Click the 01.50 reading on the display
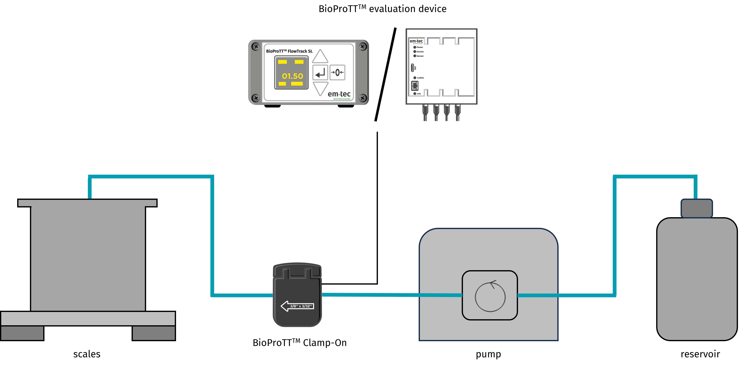click(x=292, y=76)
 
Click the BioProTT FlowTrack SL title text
click(x=289, y=51)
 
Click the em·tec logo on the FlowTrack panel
click(x=339, y=94)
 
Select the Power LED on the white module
click(x=415, y=47)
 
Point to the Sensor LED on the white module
click(x=415, y=56)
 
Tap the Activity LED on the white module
click(x=415, y=78)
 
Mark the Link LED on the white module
click(x=415, y=94)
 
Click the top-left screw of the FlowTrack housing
click(x=256, y=47)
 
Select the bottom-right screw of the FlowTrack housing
click(x=363, y=98)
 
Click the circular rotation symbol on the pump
click(x=490, y=296)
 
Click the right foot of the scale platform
click(x=154, y=333)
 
